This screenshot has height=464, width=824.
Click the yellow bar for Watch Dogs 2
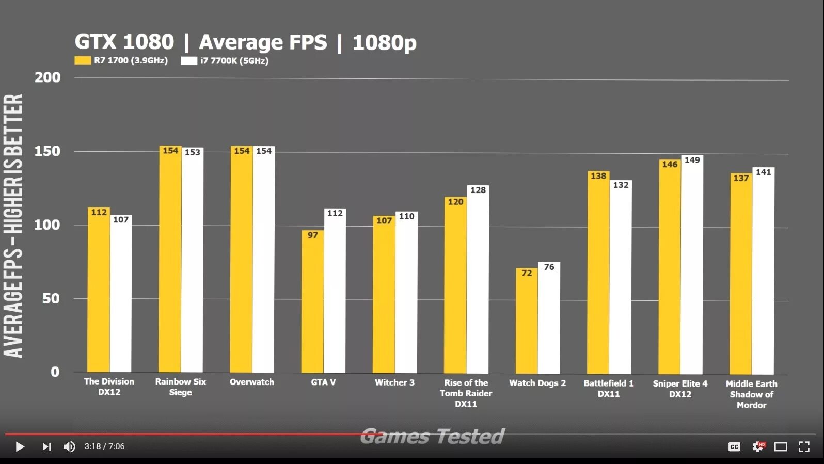pos(527,323)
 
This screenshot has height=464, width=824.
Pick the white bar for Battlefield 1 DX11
pos(620,279)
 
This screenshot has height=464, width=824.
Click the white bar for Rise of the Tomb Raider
pos(478,281)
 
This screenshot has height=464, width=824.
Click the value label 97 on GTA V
pos(313,235)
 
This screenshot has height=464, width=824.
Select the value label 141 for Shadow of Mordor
pos(763,172)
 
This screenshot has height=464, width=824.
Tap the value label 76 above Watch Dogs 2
pos(549,267)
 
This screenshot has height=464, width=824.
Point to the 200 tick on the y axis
pos(47,77)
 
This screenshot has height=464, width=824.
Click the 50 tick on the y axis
pos(51,298)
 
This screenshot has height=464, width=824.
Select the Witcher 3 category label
pos(394,382)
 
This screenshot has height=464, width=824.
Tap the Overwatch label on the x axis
pos(252,382)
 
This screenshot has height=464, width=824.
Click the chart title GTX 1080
pos(124,42)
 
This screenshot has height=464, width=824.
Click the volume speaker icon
pos(69,446)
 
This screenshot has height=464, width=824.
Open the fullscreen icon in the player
pos(804,446)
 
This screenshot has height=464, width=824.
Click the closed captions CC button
pos(734,446)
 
